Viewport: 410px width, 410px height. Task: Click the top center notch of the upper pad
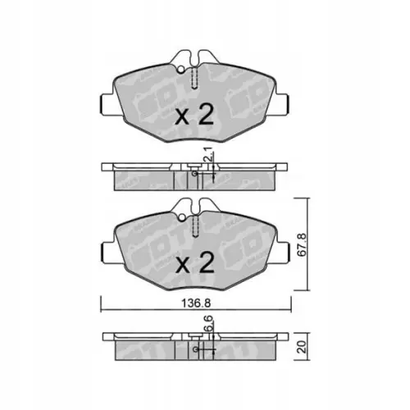[x=195, y=57]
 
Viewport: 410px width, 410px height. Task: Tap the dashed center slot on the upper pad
[x=195, y=79]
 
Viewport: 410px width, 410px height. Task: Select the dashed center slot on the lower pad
[x=195, y=226]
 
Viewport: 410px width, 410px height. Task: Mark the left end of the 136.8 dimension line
[x=102, y=310]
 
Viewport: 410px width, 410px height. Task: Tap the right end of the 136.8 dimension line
[x=291, y=310]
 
